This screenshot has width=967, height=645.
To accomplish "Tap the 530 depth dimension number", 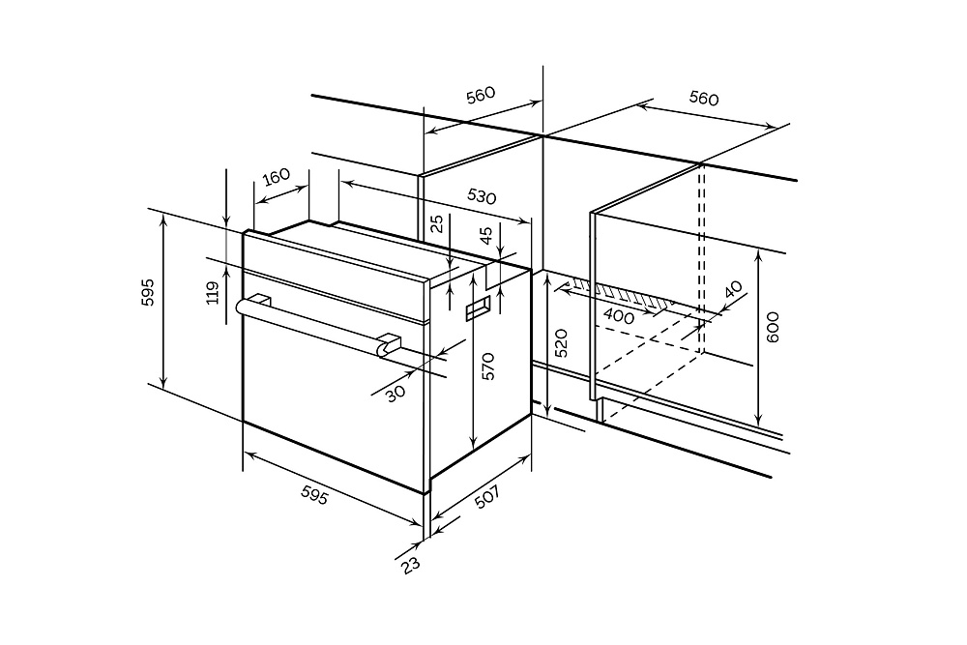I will pyautogui.click(x=482, y=195).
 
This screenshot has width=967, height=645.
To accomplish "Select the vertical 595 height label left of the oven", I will pyautogui.click(x=147, y=292).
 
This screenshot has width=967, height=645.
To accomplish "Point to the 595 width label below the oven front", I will pyautogui.click(x=314, y=495).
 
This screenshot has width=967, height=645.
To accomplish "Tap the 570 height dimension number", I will pyautogui.click(x=488, y=365).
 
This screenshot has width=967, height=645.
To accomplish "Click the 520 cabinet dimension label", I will pyautogui.click(x=562, y=343).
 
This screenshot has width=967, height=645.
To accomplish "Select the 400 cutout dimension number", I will pyautogui.click(x=619, y=315).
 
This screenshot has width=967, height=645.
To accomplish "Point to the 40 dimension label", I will pyautogui.click(x=733, y=290).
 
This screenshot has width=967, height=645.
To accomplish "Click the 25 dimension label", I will pyautogui.click(x=437, y=223).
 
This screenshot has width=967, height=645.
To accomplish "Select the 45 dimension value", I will pyautogui.click(x=486, y=234).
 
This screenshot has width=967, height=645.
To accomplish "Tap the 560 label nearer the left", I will pyautogui.click(x=480, y=95).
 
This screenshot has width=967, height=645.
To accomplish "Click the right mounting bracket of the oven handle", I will pyautogui.click(x=390, y=344).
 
